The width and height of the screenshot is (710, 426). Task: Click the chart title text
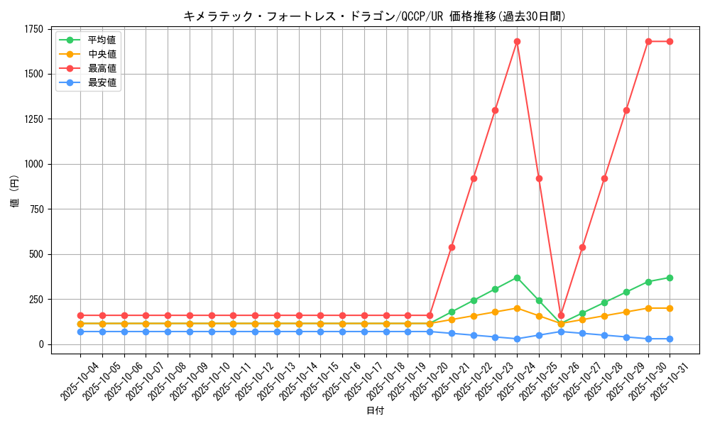[374, 16]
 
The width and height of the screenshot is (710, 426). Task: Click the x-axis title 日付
[375, 411]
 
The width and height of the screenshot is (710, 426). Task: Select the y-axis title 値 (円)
[15, 191]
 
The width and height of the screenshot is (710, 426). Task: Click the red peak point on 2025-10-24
[517, 41]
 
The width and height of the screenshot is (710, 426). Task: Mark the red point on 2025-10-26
[561, 315]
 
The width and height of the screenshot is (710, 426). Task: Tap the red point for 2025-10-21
[452, 247]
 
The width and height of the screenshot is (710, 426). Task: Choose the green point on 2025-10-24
[517, 278]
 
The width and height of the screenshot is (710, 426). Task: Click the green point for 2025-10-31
[670, 278]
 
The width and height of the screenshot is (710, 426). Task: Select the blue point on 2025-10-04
[80, 332]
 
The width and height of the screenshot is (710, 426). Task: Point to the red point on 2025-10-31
[670, 41]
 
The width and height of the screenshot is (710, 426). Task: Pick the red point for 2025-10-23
[495, 110]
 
